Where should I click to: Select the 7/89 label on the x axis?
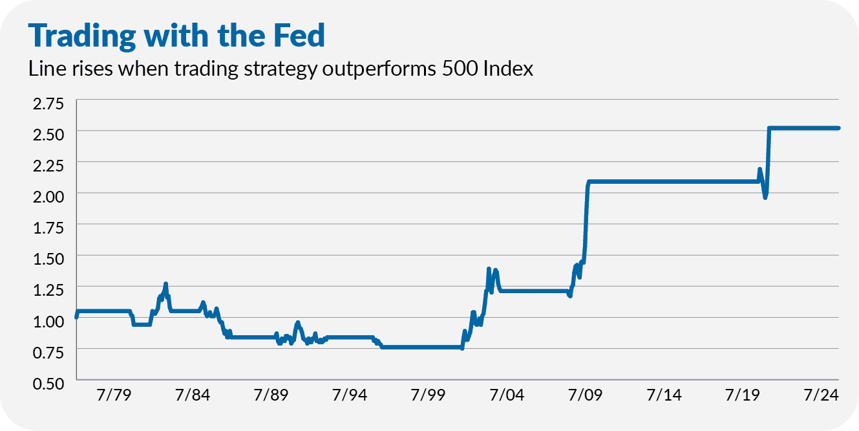pos(271,395)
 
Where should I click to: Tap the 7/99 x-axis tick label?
pos(427,395)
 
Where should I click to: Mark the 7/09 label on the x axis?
pos(584,395)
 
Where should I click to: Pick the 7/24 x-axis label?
pos(819,395)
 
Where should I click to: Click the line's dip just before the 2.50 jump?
pos(765,197)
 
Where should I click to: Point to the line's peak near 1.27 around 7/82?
pos(166,284)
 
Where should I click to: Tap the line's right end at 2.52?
pos(838,128)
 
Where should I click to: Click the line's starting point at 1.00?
pos(76,317)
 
